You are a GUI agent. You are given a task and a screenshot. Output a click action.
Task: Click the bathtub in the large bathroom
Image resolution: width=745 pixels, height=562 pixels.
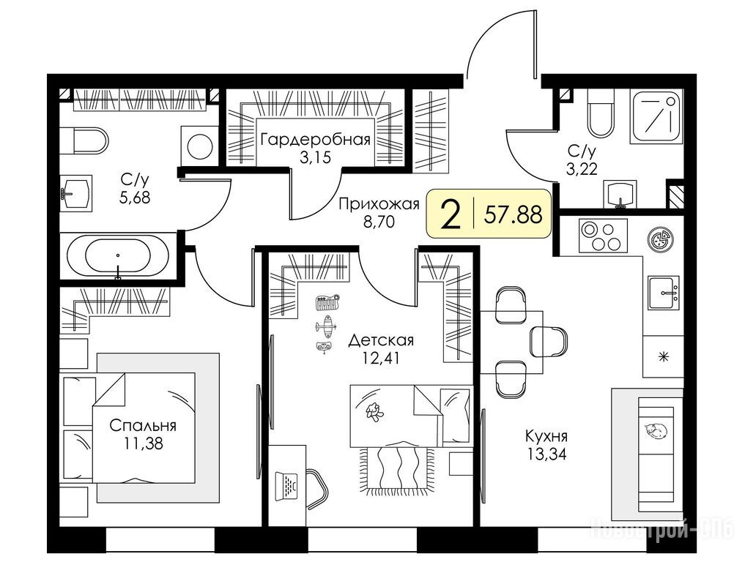[117, 257]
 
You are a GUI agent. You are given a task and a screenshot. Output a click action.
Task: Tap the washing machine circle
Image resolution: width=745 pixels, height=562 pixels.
[200, 146]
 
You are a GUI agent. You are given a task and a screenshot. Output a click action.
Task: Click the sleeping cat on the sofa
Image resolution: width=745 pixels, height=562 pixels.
[656, 430]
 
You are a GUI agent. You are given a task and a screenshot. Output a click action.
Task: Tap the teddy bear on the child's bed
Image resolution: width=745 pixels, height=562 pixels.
[374, 411]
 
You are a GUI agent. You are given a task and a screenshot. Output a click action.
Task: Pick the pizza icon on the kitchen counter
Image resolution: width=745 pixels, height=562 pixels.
[661, 237]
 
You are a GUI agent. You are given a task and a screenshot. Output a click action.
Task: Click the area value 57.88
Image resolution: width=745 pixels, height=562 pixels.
[513, 215]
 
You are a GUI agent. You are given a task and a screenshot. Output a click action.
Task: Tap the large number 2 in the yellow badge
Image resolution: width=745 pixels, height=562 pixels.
[451, 214]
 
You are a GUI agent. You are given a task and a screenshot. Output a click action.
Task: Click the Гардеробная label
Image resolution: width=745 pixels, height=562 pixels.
[316, 140]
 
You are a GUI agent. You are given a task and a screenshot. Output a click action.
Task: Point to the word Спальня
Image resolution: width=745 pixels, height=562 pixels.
[143, 425]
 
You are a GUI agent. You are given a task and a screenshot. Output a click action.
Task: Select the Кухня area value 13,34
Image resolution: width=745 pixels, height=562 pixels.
[546, 454]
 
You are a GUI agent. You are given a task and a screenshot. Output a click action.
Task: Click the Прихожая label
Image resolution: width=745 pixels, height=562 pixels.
[379, 204]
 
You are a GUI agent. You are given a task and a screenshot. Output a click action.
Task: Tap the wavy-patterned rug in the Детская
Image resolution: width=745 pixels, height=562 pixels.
[398, 470]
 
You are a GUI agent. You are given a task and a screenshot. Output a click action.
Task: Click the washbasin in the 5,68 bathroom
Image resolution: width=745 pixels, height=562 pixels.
[76, 193]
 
